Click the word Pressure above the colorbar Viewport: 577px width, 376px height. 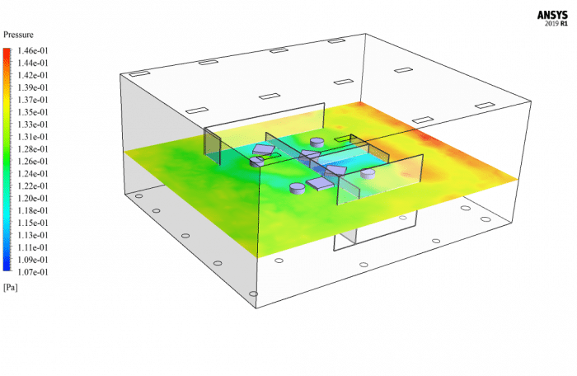coord(18,35)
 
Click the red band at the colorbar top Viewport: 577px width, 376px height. coord(7,52)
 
